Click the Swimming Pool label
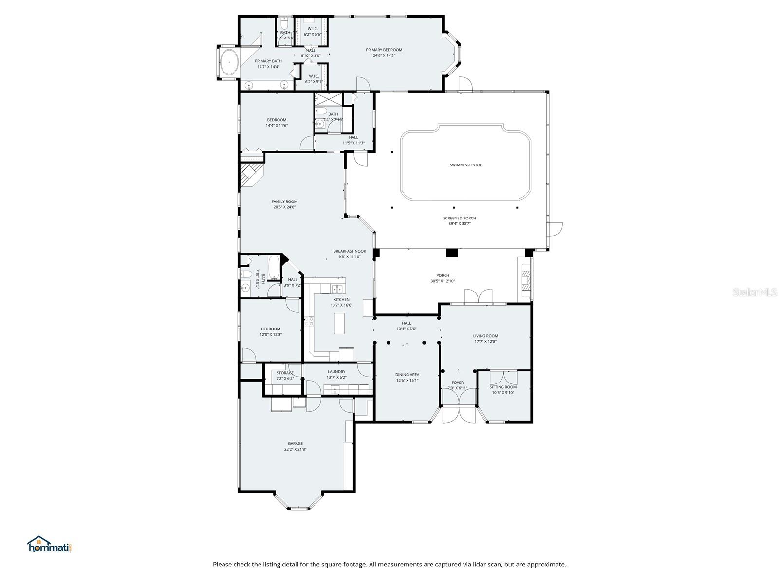[x=465, y=165]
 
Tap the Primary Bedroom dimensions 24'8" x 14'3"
[x=384, y=55]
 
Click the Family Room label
[x=284, y=201]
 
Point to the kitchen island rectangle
[x=339, y=323]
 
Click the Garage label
[x=295, y=443]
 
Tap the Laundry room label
[x=336, y=372]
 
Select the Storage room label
[x=285, y=373]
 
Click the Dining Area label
[x=407, y=375]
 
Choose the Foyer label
[x=458, y=383]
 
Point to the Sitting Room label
[x=503, y=387]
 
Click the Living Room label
[x=485, y=336]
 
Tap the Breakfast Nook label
[x=350, y=251]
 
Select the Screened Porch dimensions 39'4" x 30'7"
[x=460, y=224]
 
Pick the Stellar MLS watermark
[x=755, y=292]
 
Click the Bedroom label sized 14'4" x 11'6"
[x=277, y=120]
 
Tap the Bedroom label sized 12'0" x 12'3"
[x=270, y=329]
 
